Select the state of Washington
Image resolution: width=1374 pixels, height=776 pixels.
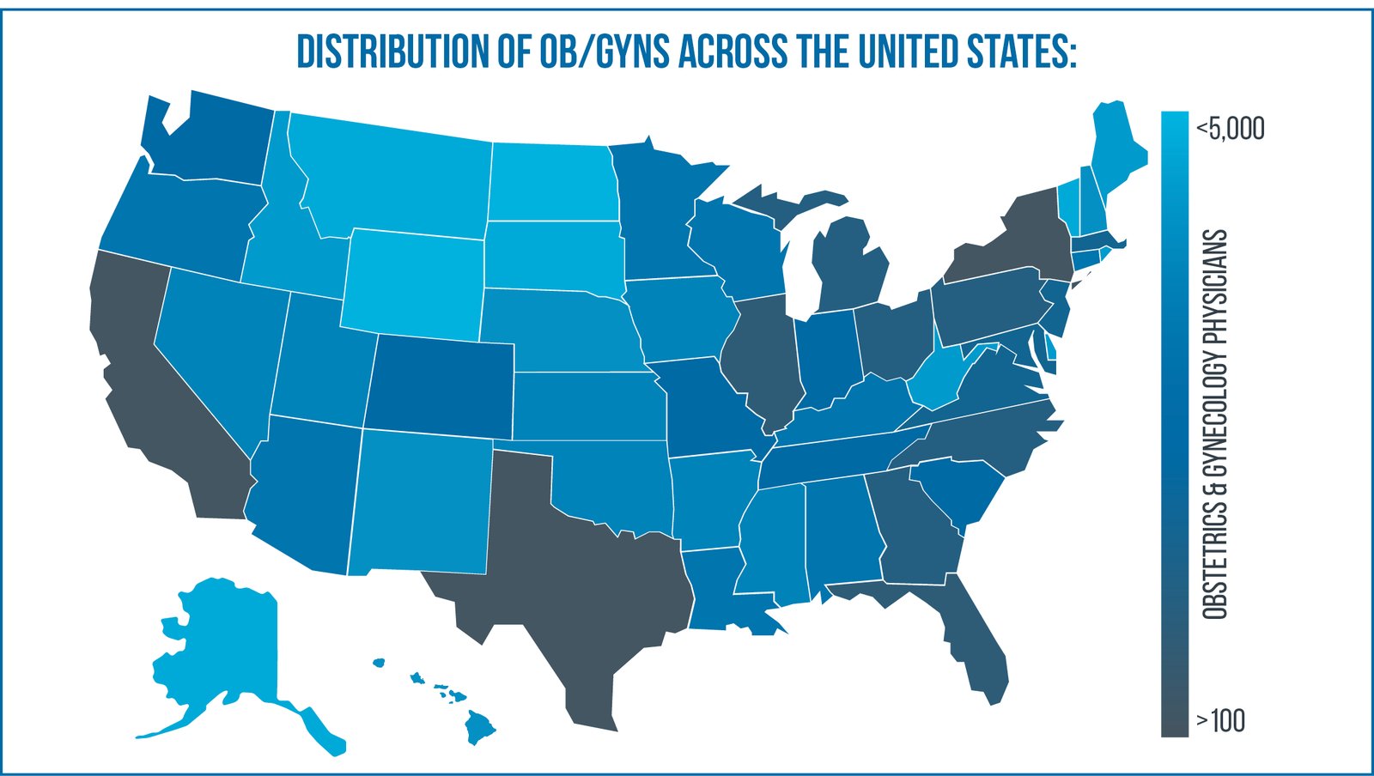(x=215, y=137)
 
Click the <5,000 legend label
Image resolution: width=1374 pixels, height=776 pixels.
(x=1230, y=129)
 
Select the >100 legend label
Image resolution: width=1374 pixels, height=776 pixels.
(x=1219, y=721)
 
